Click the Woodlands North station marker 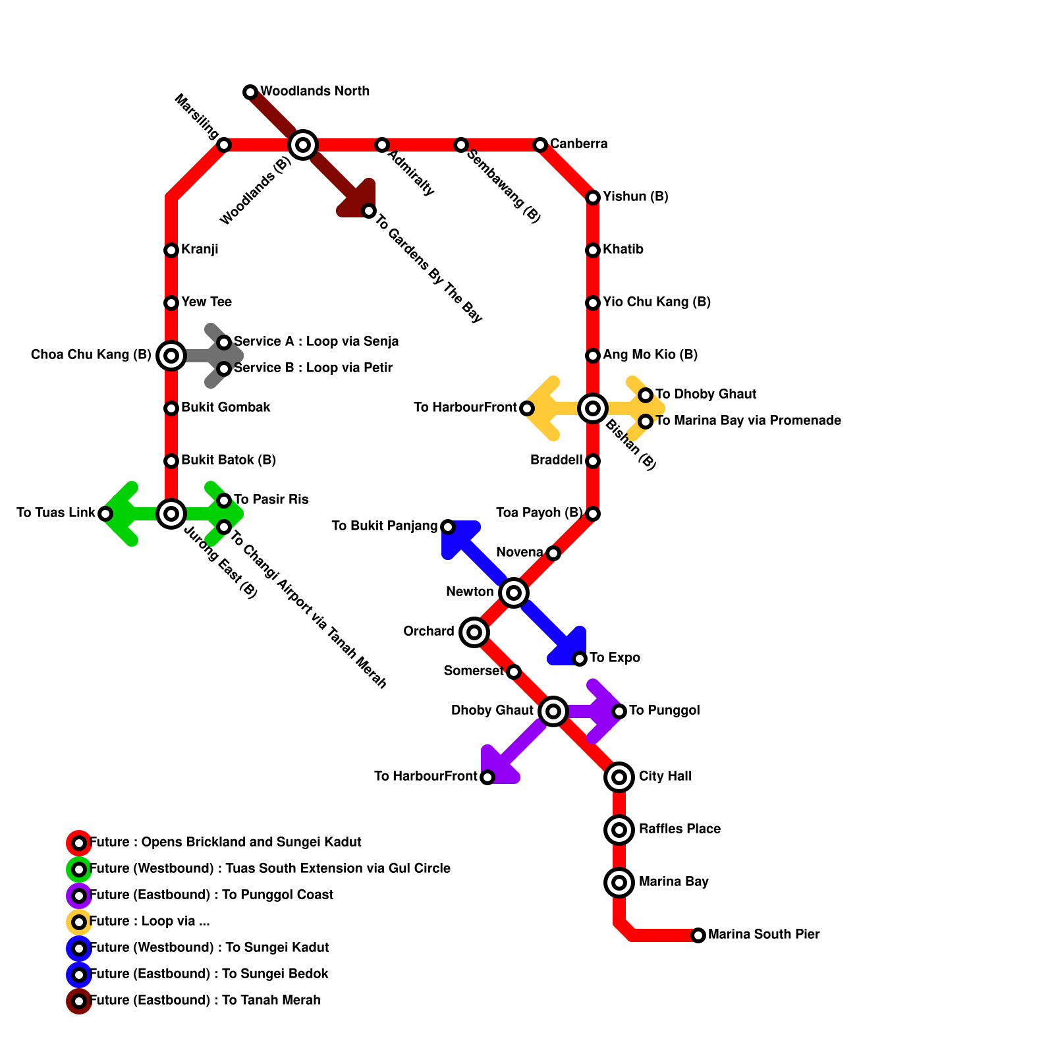250,92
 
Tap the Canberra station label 578,144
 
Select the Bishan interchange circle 593,408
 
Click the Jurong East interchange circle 171,514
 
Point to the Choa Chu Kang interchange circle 171,356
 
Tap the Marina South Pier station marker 698,935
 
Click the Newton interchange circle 514,593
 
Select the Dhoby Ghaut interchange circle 553,711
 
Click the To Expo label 615,658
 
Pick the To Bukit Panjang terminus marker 448,527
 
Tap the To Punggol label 664,711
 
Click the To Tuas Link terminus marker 105,514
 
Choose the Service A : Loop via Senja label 316,342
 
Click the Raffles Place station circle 619,830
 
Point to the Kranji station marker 171,250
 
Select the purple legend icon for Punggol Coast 79,896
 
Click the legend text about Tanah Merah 205,1001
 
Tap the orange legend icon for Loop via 79,922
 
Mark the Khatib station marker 593,250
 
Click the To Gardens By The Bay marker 369,211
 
